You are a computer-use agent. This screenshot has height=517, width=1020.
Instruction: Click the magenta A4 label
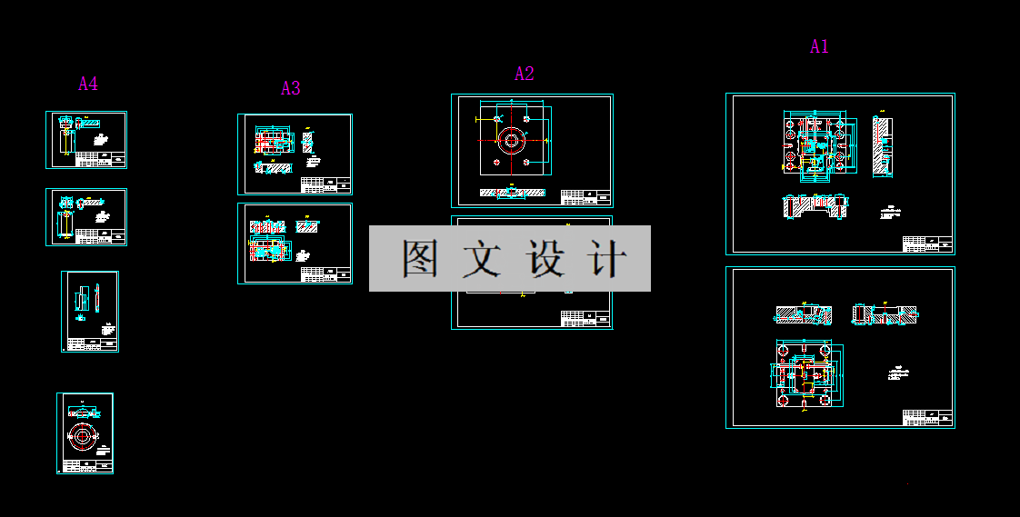click(x=88, y=85)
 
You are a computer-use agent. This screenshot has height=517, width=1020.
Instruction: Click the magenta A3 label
click(x=290, y=88)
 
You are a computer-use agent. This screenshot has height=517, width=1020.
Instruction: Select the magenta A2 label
click(x=525, y=74)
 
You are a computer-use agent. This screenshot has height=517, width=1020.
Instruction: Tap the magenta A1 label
click(x=819, y=46)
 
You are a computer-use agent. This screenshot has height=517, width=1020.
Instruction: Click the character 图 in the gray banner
click(x=421, y=259)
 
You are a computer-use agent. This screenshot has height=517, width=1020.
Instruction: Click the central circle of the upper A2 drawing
click(x=511, y=140)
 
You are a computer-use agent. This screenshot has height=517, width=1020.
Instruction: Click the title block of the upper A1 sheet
click(x=927, y=244)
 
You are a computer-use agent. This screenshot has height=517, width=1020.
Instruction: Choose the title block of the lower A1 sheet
click(x=927, y=417)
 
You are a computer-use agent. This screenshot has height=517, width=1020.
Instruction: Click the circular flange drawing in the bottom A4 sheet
click(x=83, y=436)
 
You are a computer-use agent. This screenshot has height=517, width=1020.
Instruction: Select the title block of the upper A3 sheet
click(x=325, y=185)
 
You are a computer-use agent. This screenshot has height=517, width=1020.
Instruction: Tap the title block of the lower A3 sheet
click(x=325, y=273)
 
